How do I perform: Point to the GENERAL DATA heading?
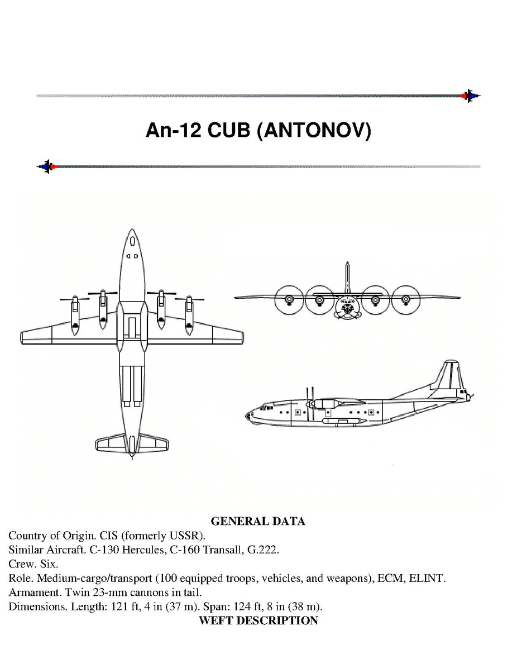(258, 522)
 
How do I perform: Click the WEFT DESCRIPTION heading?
(258, 620)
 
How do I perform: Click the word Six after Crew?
(47, 564)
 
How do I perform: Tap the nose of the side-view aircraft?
(248, 415)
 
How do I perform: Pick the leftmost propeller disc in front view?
(289, 300)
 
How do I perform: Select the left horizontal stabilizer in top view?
(112, 443)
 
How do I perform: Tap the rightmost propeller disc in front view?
(406, 300)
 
